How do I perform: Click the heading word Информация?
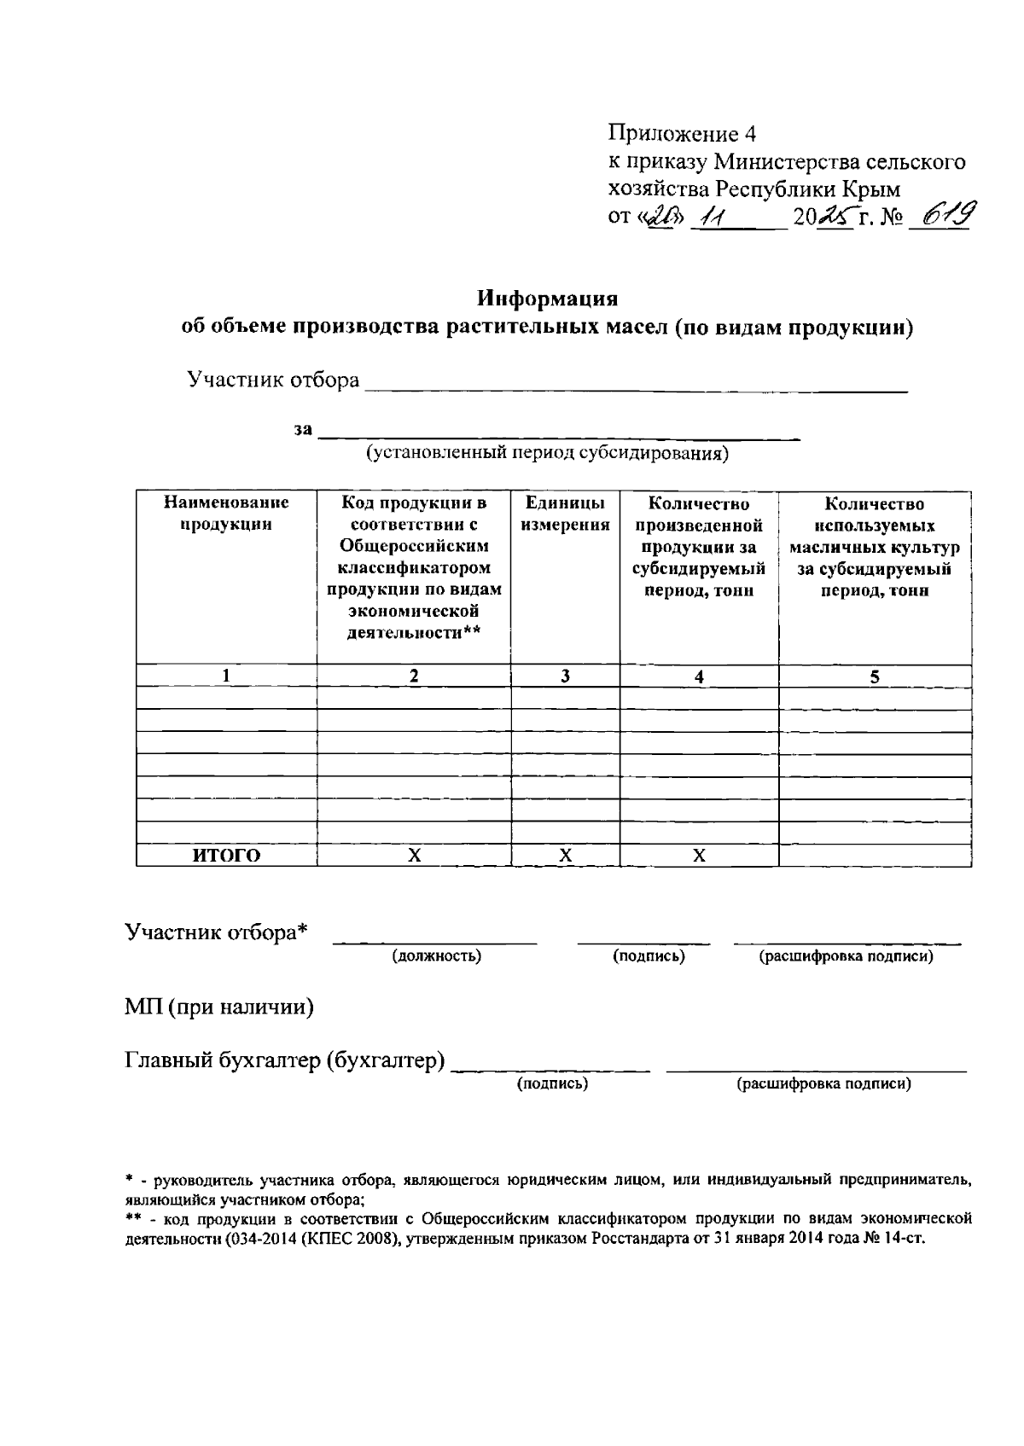click(547, 299)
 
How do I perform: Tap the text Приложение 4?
click(682, 134)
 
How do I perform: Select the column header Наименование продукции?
click(226, 514)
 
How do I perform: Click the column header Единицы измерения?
click(565, 514)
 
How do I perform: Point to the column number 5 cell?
click(875, 677)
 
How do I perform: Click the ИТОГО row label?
click(226, 856)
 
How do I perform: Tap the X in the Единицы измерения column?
click(565, 856)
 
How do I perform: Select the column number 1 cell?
click(226, 676)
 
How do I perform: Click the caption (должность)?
click(437, 956)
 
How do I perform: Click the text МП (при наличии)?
click(219, 1008)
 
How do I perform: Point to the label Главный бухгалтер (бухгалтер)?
click(286, 1061)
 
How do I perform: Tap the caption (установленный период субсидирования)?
click(547, 453)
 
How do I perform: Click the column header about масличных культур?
click(875, 547)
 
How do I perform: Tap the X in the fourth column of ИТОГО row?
click(699, 856)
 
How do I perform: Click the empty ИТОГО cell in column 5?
click(875, 856)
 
